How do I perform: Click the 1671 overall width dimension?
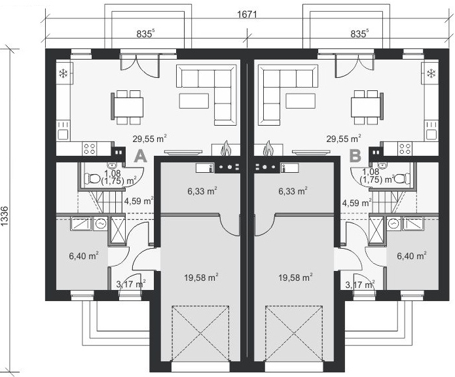[x=247, y=14]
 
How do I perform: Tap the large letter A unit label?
[x=141, y=156]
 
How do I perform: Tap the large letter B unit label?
[x=355, y=156]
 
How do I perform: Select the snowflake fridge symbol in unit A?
[x=63, y=73]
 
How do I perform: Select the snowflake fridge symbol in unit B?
[x=431, y=73]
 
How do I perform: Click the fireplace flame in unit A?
[x=225, y=149]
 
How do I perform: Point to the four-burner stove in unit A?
[x=90, y=149]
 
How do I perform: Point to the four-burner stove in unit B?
[x=405, y=149]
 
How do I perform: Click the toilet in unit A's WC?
[x=92, y=178]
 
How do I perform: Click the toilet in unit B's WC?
[x=402, y=178]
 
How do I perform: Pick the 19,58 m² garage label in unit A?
[x=201, y=278]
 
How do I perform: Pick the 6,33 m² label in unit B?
[x=293, y=191]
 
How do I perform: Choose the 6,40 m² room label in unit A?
[x=84, y=256]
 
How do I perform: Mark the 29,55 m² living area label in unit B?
[x=344, y=139]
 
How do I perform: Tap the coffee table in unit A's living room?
[x=194, y=101]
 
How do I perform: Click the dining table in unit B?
[x=365, y=107]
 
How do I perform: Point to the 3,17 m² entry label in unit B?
[x=360, y=285]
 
